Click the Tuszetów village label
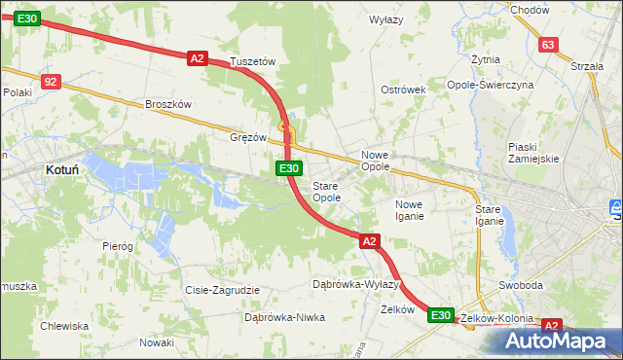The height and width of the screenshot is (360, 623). click(x=253, y=61)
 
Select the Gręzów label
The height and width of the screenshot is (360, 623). click(x=247, y=137)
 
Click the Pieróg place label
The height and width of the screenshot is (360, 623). click(x=117, y=246)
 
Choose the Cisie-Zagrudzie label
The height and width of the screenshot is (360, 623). click(x=222, y=290)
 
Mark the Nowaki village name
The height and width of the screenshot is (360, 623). click(x=156, y=342)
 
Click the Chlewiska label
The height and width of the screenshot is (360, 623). click(x=64, y=326)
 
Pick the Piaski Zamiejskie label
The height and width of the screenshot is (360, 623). click(x=531, y=153)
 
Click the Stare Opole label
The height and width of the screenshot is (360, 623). click(x=326, y=192)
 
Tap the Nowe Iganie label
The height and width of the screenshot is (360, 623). click(x=409, y=210)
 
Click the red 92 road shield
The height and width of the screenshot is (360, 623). click(x=52, y=83)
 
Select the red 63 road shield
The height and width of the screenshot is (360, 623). click(x=548, y=45)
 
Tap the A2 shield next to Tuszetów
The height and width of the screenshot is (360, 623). click(x=197, y=58)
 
